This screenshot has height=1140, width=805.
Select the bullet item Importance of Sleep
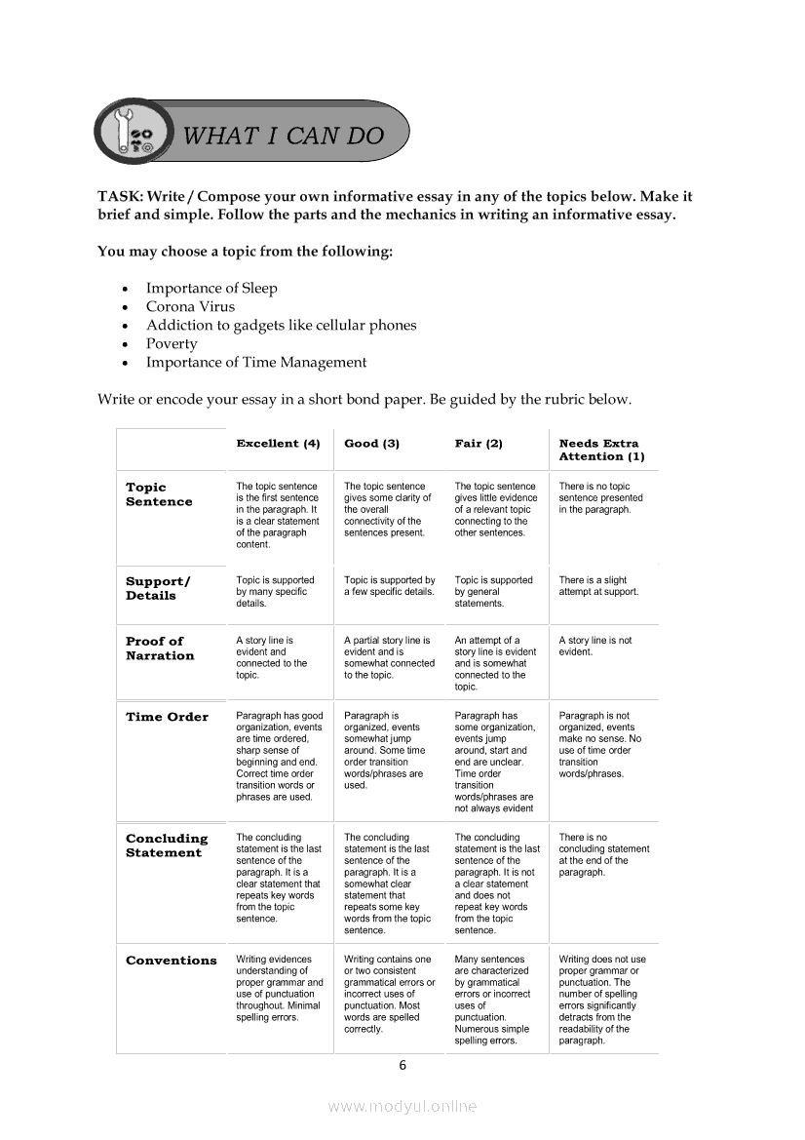pos(211,288)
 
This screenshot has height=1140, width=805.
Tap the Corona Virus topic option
pos(190,306)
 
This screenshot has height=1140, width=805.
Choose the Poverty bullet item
pos(172,343)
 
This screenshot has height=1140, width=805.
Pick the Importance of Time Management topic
pos(256,362)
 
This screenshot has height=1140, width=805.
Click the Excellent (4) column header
pos(278,444)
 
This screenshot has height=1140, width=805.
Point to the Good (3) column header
pos(372,444)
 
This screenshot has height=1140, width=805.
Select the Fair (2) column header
pos(479,444)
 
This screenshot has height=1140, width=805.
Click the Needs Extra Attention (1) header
pos(601,450)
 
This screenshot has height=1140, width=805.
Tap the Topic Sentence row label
pos(159,494)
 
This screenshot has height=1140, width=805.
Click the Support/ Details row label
pos(158,588)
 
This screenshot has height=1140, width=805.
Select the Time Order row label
pos(167,717)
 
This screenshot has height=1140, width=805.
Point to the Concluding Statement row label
pos(167,845)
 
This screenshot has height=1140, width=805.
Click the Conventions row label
pos(172,961)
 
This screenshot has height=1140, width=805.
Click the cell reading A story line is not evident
pos(594,646)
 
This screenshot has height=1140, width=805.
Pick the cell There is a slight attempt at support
pos(598,585)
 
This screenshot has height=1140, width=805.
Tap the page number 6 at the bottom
pos(402,1065)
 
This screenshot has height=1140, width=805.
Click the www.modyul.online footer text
pos(402,1107)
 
